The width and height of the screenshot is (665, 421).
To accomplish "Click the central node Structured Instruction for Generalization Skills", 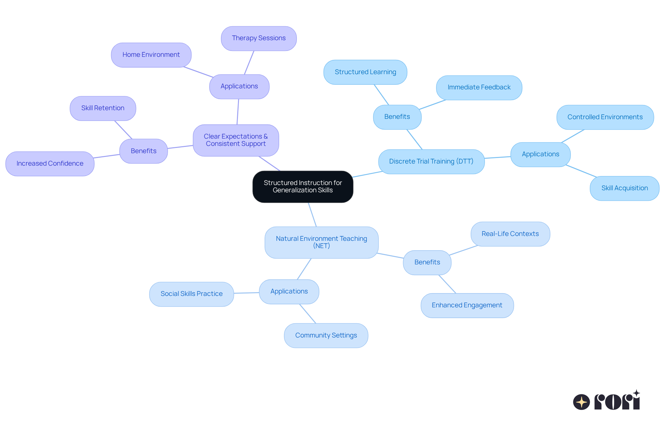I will click(303, 186).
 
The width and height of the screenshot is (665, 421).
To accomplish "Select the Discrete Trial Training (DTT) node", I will click(431, 161).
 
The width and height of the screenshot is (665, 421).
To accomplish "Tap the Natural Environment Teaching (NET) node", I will click(321, 242).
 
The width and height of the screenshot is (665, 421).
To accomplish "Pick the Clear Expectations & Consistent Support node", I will click(236, 140).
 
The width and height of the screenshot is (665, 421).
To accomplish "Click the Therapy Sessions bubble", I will click(259, 38).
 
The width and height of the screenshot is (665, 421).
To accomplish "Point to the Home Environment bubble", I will click(151, 55).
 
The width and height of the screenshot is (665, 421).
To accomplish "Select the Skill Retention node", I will click(103, 108).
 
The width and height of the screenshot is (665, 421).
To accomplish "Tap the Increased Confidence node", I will click(50, 164).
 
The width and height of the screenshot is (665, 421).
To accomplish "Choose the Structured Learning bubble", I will click(365, 72).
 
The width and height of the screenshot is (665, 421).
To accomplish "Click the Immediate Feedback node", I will click(479, 87).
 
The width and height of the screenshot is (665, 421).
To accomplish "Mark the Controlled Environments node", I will click(605, 117).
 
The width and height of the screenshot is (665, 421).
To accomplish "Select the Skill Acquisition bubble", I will click(624, 188).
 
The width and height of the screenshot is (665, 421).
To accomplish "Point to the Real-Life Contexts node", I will click(510, 234).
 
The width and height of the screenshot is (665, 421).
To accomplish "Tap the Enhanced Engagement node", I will click(467, 305).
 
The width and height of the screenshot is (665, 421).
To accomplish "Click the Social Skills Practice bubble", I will click(192, 294).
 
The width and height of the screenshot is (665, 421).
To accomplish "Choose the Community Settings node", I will click(326, 335).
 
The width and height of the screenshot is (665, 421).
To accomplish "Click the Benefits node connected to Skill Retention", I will click(143, 151).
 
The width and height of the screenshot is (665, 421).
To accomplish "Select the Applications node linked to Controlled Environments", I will click(540, 154).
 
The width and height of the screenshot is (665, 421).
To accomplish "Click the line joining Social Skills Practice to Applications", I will click(247, 293).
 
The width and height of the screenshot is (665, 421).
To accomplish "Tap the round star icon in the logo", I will click(582, 402).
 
